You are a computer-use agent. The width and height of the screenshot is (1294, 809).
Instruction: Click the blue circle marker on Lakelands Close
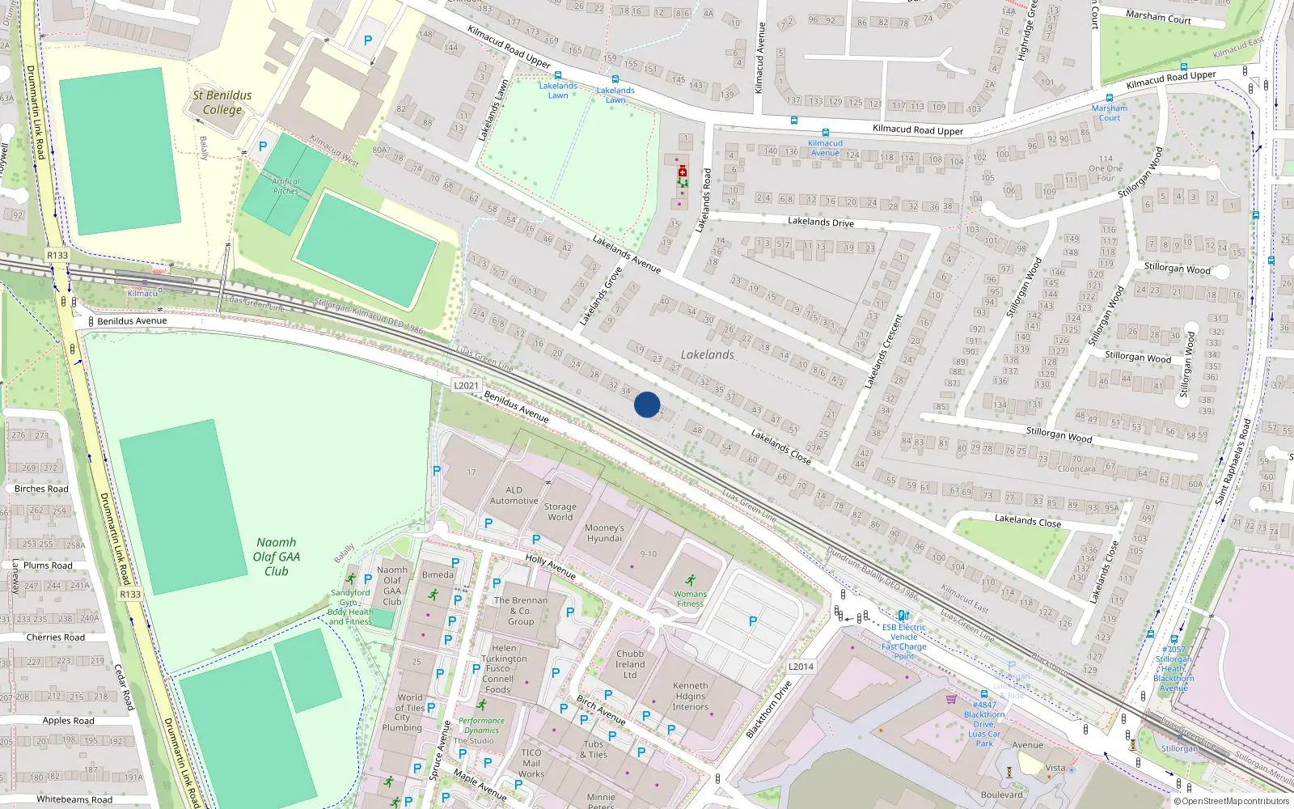click(647, 404)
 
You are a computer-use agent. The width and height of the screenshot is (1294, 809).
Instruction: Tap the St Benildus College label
click(222, 102)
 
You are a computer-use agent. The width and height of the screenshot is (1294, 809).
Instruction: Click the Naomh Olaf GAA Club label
click(277, 557)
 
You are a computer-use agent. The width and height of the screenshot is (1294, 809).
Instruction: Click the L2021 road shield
click(466, 385)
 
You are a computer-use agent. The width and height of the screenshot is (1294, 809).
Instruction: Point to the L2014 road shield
click(801, 667)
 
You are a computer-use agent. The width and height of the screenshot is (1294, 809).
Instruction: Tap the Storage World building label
click(560, 512)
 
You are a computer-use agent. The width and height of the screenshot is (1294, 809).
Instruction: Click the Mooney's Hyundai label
click(604, 533)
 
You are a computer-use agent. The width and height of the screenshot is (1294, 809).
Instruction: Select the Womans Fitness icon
click(690, 580)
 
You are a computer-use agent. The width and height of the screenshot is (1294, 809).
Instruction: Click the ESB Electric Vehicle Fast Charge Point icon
click(903, 616)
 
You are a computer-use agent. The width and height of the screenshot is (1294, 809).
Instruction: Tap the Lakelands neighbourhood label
click(708, 354)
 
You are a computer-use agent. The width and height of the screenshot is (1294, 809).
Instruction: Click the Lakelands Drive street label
click(820, 222)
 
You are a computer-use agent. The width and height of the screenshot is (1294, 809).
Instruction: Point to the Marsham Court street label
click(1158, 17)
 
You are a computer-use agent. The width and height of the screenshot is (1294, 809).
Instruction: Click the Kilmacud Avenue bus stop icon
click(825, 133)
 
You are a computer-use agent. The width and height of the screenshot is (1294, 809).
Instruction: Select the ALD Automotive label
click(514, 495)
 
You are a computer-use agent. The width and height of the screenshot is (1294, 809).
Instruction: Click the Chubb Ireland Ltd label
click(630, 664)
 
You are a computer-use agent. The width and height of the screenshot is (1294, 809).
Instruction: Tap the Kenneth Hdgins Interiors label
click(690, 696)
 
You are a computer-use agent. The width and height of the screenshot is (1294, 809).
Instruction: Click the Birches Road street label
click(41, 489)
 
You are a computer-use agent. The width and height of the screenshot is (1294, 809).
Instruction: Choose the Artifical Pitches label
click(285, 186)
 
